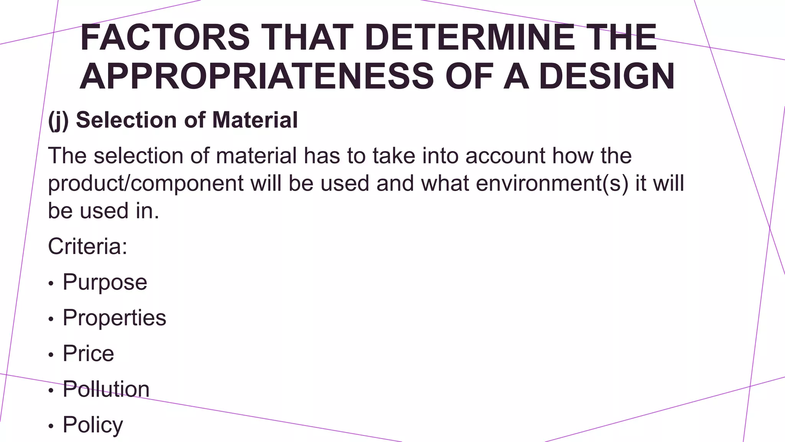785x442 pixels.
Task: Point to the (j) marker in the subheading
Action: tap(58, 120)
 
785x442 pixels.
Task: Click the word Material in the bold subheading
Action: tap(255, 120)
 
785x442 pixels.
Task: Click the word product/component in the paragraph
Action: tap(146, 183)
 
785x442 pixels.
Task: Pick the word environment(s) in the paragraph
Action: tap(552, 183)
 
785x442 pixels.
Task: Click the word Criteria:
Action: tap(87, 246)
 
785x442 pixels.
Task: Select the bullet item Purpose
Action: tap(105, 282)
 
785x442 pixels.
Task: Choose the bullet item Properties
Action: tap(114, 318)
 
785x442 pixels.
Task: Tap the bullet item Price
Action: tap(88, 353)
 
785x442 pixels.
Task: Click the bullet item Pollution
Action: tap(106, 389)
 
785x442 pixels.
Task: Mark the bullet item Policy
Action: tap(93, 425)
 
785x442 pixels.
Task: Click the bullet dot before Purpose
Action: tap(51, 284)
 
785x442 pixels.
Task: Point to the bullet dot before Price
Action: tap(51, 355)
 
